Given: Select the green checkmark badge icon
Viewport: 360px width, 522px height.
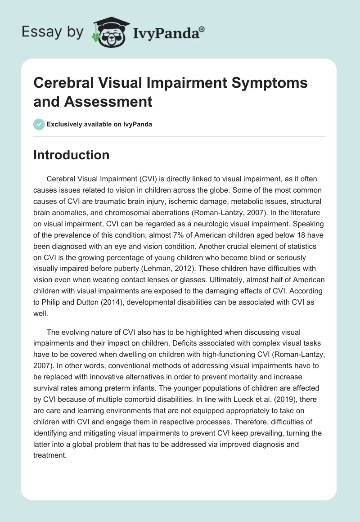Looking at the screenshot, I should coord(39,124).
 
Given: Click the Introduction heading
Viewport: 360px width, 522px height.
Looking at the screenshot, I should coord(72,155).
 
